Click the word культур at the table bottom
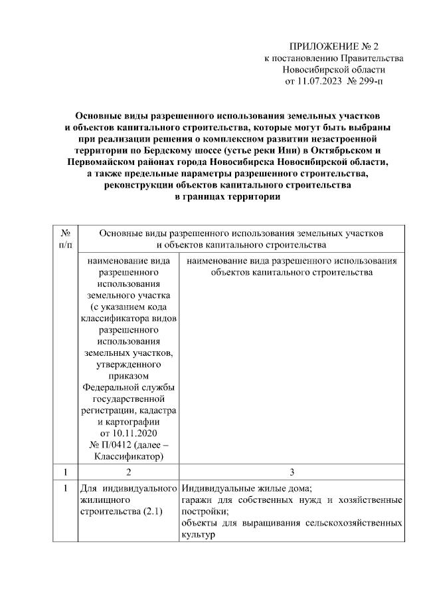[198, 535]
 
